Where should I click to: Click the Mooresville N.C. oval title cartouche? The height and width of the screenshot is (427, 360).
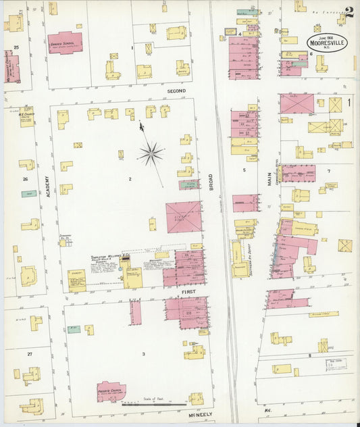coord(330,39)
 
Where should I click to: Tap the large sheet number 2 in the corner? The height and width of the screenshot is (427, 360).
coord(349,12)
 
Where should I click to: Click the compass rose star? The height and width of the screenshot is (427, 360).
coord(150,153)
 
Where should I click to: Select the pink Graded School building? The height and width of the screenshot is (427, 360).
coord(64,42)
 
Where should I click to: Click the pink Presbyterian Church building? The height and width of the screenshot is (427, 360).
coord(111,391)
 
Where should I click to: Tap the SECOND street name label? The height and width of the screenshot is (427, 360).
coord(176,91)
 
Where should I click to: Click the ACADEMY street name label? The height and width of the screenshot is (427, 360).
coord(48,182)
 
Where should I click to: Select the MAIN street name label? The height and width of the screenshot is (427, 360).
coord(268,179)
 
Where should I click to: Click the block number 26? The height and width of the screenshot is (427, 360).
coord(25,179)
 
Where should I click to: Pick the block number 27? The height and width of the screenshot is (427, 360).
coord(29,353)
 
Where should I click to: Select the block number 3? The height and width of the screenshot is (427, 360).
coord(143,353)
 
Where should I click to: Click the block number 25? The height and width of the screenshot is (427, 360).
coord(16,47)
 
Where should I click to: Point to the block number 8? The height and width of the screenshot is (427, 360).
coord(309,355)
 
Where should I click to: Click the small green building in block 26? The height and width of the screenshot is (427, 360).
coord(28,194)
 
